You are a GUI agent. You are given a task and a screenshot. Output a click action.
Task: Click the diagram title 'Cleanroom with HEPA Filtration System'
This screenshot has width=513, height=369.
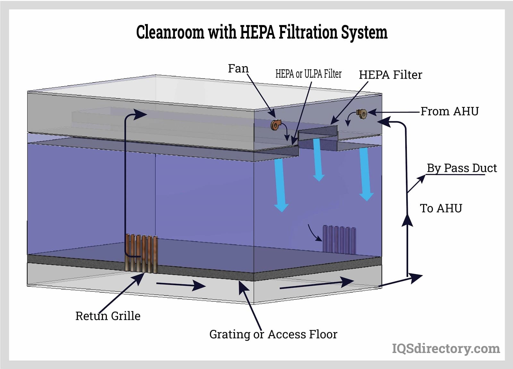tap(262, 32)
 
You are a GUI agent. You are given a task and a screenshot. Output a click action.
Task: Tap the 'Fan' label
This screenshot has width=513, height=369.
tap(238, 68)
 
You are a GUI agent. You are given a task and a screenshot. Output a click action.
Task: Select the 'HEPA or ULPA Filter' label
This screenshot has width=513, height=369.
tap(308, 74)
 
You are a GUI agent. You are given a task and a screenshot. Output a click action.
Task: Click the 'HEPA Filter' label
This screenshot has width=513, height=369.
tap(390, 75)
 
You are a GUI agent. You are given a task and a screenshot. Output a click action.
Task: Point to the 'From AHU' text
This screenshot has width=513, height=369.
tap(449, 111)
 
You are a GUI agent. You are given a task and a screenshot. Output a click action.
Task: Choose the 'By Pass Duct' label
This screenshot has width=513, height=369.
tap(461, 168)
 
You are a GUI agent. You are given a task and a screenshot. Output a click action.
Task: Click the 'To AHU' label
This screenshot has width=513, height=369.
tap(441, 208)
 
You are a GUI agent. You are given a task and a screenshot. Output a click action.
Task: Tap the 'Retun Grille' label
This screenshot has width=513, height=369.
tap(108, 316)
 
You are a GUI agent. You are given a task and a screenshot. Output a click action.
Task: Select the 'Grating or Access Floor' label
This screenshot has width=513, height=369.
tap(273, 334)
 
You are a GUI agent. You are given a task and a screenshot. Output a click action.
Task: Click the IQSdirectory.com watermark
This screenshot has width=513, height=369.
tap(446, 348)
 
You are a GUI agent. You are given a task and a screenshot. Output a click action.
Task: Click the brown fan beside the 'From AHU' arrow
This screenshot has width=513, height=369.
tap(362, 113)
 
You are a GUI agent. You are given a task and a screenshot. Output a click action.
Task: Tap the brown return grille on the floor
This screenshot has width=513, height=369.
tap(141, 254)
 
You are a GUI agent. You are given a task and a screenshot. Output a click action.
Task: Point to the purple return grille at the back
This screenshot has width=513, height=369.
tap(339, 239)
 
